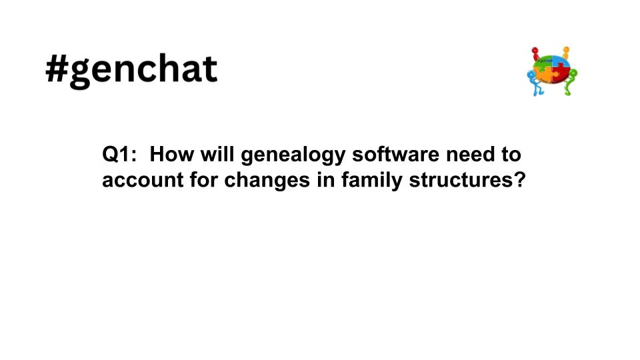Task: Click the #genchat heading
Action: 131,69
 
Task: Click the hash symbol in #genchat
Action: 59,69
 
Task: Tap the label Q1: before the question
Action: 119,155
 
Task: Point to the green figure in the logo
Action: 571,81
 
